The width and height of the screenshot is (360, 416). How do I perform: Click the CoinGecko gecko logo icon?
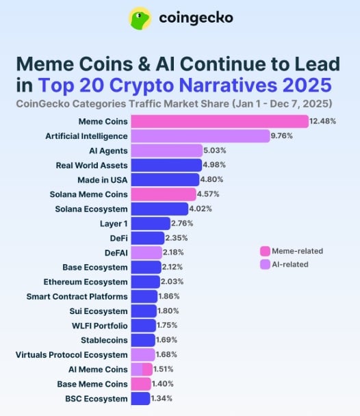coord(141,18)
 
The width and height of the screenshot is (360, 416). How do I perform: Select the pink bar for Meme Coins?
coord(219,121)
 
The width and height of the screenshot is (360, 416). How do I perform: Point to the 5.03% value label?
coord(217,151)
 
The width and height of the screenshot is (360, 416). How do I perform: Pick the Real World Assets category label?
coord(92,165)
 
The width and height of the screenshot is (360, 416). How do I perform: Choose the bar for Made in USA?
coord(164,180)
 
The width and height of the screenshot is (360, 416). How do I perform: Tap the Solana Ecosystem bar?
coord(159,209)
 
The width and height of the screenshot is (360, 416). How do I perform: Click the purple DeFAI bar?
coord(146,252)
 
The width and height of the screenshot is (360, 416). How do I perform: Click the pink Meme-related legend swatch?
coord(265,250)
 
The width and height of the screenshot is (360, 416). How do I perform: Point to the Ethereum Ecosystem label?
coord(86,281)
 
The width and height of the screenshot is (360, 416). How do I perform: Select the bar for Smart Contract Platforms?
coord(144,296)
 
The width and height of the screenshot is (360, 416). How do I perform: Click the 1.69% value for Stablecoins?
coord(168,340)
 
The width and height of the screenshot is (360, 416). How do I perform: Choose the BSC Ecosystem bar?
coord(140,398)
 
